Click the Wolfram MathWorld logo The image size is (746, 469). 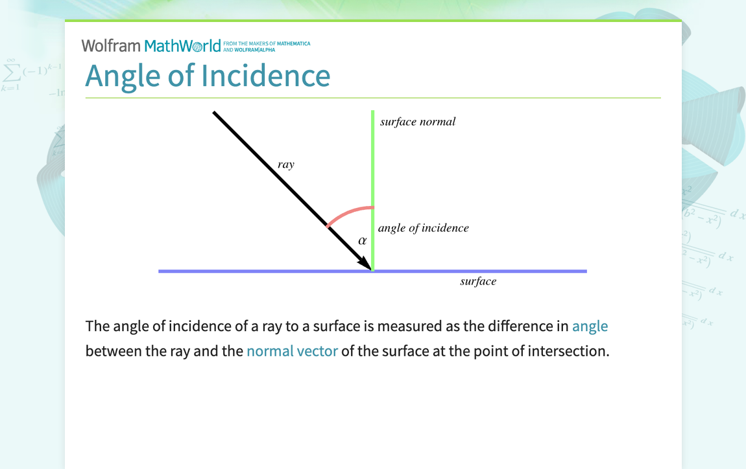tap(151, 46)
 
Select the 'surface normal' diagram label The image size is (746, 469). tap(418, 122)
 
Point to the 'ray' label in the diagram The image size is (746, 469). tap(286, 165)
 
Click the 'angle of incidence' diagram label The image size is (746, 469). tap(423, 228)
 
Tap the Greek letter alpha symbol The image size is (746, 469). tap(363, 241)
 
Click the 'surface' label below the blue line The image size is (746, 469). tap(478, 282)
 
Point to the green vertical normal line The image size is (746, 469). tap(373, 162)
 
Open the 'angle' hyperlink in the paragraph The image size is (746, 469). tap(590, 326)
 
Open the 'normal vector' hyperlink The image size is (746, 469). tap(292, 352)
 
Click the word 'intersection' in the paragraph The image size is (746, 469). tap(568, 352)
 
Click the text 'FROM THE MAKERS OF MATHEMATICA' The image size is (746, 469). tap(267, 43)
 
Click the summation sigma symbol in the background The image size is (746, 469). tap(11, 70)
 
